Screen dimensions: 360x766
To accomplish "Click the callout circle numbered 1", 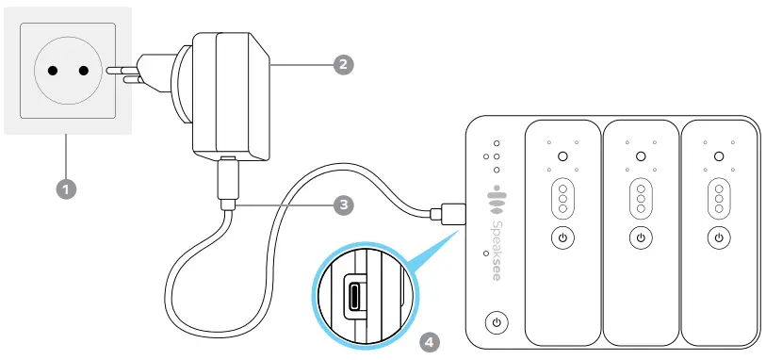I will click(x=65, y=188).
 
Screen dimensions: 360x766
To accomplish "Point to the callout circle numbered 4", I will click(x=430, y=336).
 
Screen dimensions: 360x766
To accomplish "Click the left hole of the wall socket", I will click(x=50, y=72).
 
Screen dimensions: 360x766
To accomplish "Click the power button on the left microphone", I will click(x=562, y=237).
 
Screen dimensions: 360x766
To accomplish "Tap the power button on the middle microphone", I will click(x=640, y=237).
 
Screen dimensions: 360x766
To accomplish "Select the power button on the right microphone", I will click(x=718, y=237).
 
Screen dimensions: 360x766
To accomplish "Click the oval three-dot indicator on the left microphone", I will click(x=562, y=199).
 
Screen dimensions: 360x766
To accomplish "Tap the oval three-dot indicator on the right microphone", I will click(x=718, y=199).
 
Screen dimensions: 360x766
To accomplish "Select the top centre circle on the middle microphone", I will click(x=640, y=156).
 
